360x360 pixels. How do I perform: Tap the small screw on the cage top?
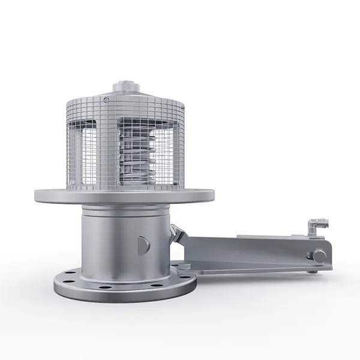tap(106, 98)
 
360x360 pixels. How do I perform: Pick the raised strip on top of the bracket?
tap(252, 236)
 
